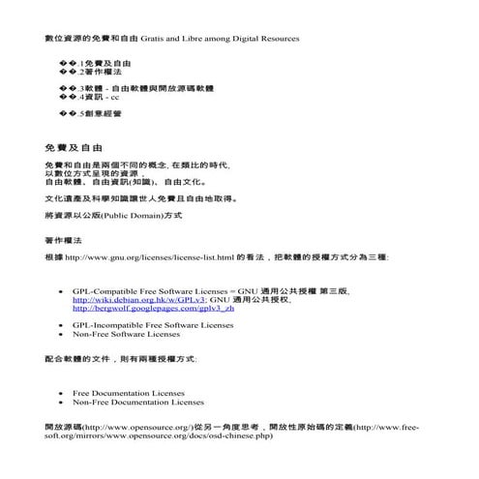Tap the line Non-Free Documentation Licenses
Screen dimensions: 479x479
[x=138, y=402]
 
